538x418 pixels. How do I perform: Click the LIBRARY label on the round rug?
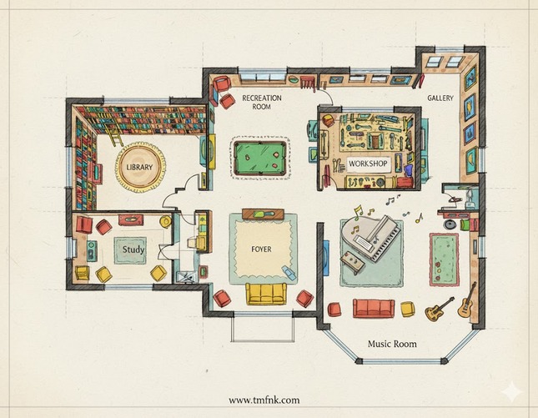tap(139, 167)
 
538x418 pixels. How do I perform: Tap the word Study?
tap(133, 249)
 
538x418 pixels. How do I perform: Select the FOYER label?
tap(261, 249)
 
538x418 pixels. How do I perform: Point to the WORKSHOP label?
tap(368, 164)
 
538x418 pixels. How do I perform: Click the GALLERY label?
tap(440, 98)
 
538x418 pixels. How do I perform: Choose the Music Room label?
tap(392, 344)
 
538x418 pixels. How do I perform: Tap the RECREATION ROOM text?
tap(261, 103)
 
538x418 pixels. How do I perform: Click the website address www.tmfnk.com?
tap(264, 400)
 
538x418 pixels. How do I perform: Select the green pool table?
tap(259, 158)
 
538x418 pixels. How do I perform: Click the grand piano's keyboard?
tap(388, 241)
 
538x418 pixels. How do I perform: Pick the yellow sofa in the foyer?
tap(266, 294)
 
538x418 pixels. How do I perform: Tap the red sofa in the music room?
tap(374, 308)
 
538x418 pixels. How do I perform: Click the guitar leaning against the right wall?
tap(467, 300)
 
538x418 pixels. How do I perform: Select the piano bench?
tap(353, 261)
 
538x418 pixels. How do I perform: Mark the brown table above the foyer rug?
tap(263, 214)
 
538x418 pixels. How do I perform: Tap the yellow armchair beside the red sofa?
tap(407, 309)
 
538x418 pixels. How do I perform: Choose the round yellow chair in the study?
tap(165, 221)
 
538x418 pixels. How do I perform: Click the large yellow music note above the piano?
tap(358, 212)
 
